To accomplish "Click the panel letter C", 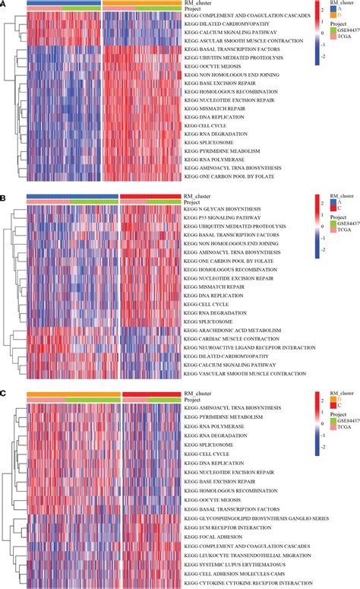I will pos(4,394).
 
